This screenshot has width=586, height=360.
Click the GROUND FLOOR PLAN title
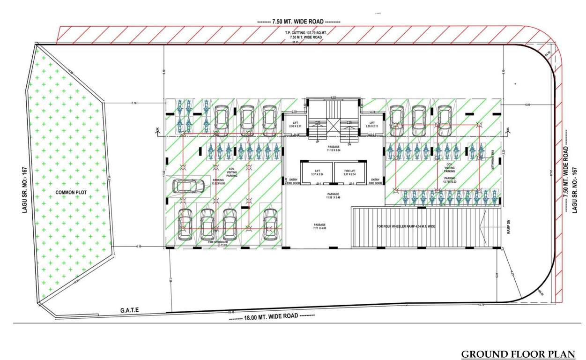click(518, 354)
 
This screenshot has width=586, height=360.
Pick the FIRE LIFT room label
click(351, 172)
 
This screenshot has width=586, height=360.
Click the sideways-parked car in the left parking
click(188, 186)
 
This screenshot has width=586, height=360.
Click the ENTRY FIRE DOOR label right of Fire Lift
click(375, 181)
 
